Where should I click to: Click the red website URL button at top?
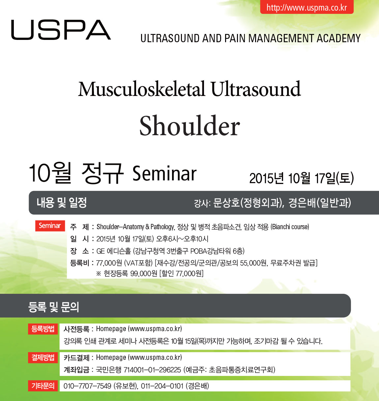pyautogui.click(x=307, y=7)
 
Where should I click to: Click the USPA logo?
pyautogui.click(x=61, y=30)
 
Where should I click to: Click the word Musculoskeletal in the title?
pyautogui.click(x=141, y=89)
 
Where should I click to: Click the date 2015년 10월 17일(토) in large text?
pyautogui.click(x=302, y=178)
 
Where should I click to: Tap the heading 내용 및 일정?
pyautogui.click(x=62, y=202)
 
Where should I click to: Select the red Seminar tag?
pyautogui.click(x=50, y=226)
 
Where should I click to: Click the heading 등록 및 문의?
pyautogui.click(x=54, y=307)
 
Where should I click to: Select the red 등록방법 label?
pyautogui.click(x=43, y=329)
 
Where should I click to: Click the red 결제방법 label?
pyautogui.click(x=43, y=357)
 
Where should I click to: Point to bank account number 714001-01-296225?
pyautogui.click(x=152, y=370)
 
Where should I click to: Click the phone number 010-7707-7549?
pyautogui.click(x=87, y=386)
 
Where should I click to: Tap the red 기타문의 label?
pyautogui.click(x=43, y=386)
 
